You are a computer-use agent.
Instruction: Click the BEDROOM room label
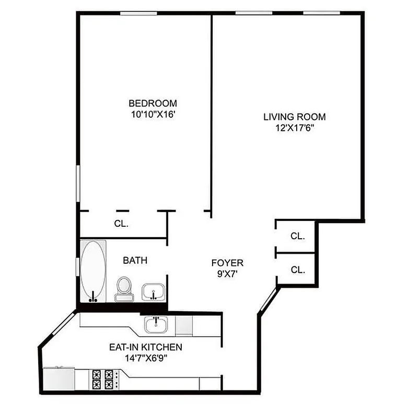point(153,103)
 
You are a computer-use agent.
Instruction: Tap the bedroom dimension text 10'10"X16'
point(153,114)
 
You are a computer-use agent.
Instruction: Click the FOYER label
point(227,263)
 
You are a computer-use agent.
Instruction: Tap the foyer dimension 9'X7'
point(227,274)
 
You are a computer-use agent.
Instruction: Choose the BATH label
point(135,260)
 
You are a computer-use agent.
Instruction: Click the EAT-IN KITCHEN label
point(145,347)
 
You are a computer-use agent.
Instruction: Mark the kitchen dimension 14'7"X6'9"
point(145,358)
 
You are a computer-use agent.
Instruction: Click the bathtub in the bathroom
point(93,271)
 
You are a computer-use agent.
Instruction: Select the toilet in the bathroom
point(124,289)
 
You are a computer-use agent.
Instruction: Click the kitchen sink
point(156,326)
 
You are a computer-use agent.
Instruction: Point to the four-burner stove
point(103,379)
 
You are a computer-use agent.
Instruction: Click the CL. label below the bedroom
point(121,224)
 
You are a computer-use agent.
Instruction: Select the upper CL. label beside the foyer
point(297,236)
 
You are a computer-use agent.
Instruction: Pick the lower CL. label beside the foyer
point(297,270)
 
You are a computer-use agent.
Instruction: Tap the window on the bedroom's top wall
point(136,13)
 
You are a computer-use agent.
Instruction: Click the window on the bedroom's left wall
point(78,182)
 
